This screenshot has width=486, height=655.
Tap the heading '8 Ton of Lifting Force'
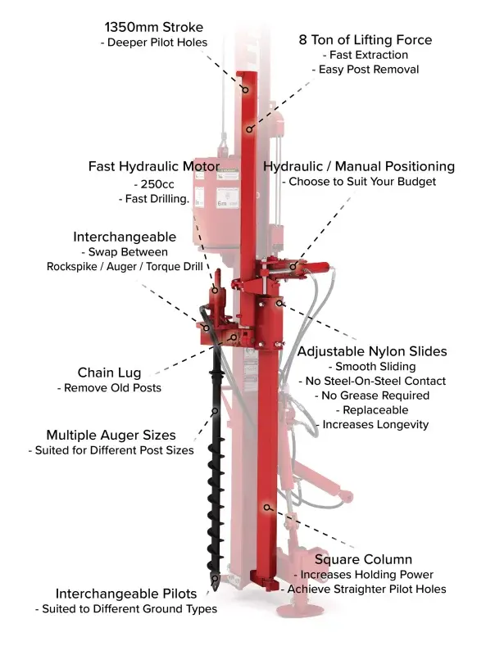[365, 39]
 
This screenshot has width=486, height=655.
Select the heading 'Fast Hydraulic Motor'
[153, 166]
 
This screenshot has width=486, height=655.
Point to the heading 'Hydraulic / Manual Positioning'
[358, 166]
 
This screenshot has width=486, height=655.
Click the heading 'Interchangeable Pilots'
[126, 594]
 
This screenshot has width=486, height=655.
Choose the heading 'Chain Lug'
[109, 373]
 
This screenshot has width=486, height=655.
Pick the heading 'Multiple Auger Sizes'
[111, 435]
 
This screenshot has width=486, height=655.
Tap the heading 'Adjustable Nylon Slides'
[372, 351]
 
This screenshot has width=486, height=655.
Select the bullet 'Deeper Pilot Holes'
[157, 42]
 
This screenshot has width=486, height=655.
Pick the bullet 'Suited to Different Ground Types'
[126, 609]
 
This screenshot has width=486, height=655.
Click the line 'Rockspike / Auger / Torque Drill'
[125, 267]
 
